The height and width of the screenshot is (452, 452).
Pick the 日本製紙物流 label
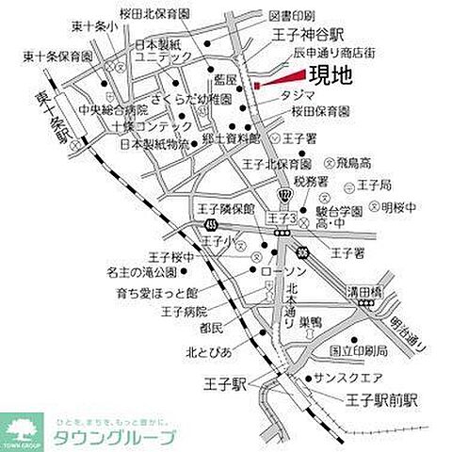point(152,145)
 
